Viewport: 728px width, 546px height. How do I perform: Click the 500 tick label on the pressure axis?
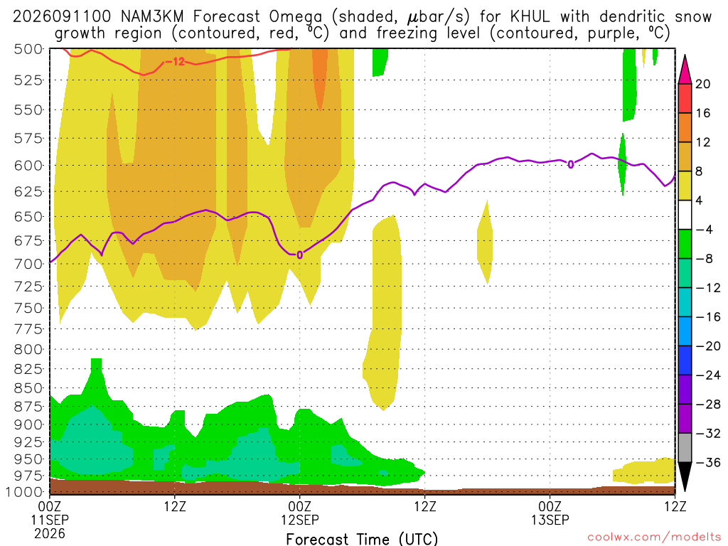click(x=28, y=49)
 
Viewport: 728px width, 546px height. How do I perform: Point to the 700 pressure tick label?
click(x=28, y=264)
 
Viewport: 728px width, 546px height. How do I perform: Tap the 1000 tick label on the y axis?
click(x=24, y=492)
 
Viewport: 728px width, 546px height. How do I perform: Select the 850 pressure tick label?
click(x=28, y=387)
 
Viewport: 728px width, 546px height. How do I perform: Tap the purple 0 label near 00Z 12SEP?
click(x=300, y=255)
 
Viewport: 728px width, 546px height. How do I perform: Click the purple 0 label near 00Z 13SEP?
click(x=571, y=164)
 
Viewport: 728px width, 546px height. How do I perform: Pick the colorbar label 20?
click(x=702, y=84)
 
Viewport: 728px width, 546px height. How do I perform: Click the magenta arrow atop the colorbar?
click(x=685, y=70)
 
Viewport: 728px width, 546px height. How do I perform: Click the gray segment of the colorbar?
click(x=685, y=448)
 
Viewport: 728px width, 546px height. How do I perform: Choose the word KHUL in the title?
click(x=529, y=17)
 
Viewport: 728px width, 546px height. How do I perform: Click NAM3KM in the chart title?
click(x=152, y=17)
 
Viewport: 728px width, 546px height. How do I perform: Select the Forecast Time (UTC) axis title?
click(x=362, y=539)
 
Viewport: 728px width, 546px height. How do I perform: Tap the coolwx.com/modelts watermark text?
click(x=654, y=537)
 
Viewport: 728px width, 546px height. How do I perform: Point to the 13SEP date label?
click(x=550, y=520)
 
